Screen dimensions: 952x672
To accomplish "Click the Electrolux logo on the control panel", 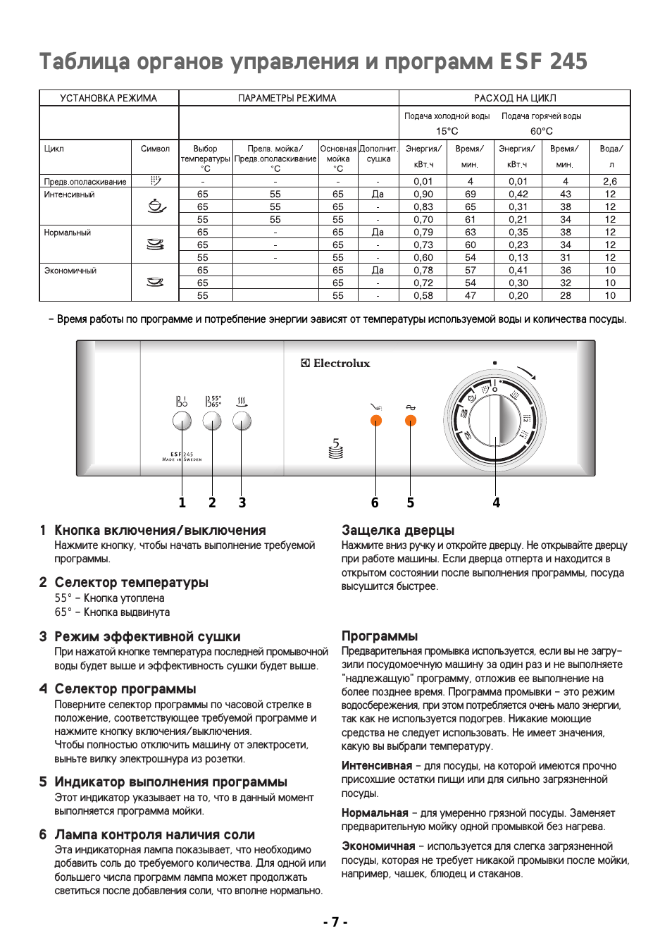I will (x=336, y=363).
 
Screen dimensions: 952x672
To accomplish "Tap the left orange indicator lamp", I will (x=376, y=421).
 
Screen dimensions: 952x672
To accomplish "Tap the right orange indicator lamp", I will (x=411, y=421).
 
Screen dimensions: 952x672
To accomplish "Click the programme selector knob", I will (x=495, y=421).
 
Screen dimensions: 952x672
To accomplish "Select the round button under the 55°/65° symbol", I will (x=212, y=421).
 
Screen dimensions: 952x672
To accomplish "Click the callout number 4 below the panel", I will (x=496, y=502).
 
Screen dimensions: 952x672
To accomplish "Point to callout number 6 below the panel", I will (x=375, y=502).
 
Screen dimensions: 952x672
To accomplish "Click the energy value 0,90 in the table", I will (x=423, y=194).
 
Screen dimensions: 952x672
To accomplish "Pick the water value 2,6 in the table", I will (x=610, y=181).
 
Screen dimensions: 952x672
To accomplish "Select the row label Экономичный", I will (x=70, y=271).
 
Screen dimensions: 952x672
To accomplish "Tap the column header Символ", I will (x=155, y=149).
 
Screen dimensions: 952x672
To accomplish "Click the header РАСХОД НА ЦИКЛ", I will (x=515, y=98).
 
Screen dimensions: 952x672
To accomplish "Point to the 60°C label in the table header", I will (x=542, y=131).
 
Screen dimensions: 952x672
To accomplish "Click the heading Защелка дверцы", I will (x=398, y=530).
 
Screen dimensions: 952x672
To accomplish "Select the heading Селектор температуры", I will (x=131, y=582).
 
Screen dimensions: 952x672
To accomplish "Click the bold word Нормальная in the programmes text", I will (x=375, y=812).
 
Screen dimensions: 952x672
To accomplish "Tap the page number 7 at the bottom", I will (x=335, y=922).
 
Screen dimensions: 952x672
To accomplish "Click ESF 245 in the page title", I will (x=543, y=61).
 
